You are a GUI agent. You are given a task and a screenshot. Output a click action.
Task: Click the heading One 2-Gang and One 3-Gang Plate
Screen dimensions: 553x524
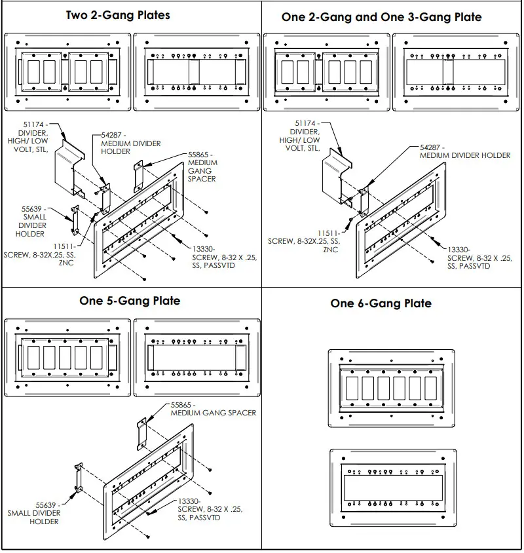tap(381, 17)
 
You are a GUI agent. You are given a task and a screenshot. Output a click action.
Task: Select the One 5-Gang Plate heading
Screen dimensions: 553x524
tap(130, 301)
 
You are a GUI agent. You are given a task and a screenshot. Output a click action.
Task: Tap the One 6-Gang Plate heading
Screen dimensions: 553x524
tap(381, 303)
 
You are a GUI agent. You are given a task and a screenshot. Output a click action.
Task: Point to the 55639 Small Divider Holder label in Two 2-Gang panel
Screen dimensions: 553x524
tap(35, 221)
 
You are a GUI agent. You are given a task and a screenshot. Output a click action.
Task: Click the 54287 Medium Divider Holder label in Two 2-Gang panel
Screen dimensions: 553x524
tap(130, 143)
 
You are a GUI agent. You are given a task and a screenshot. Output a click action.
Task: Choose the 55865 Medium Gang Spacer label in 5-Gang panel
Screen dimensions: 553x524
tap(213, 409)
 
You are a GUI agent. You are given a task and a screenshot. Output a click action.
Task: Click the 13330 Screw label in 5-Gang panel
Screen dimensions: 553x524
tap(200, 510)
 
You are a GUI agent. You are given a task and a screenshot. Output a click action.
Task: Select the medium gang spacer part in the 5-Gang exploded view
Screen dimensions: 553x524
tap(141, 434)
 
